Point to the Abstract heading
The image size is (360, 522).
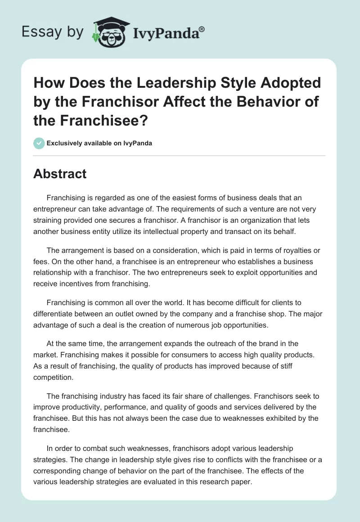click(x=60, y=174)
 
